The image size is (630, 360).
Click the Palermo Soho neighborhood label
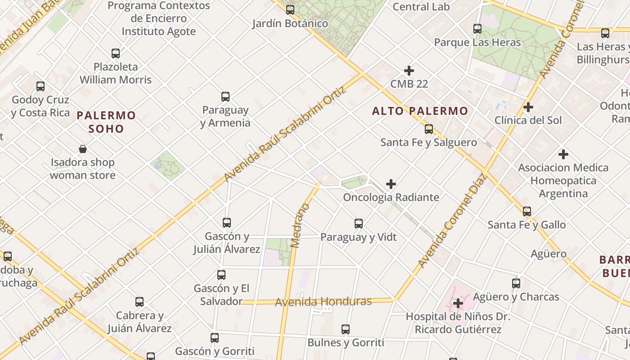[x=106, y=122]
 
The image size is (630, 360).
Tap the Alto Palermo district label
[x=420, y=111]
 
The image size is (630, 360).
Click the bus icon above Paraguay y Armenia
[x=225, y=96]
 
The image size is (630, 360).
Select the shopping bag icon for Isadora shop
[x=83, y=149]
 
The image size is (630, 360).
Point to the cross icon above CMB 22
[x=409, y=71]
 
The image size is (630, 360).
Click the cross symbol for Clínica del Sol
[x=528, y=107]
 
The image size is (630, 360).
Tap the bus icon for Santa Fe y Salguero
[x=429, y=129]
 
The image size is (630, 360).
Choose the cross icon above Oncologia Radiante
[x=391, y=184]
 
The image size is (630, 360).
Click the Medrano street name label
[x=301, y=226]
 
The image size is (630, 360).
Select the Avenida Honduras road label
[x=324, y=301]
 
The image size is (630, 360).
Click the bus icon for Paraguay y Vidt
[x=359, y=223]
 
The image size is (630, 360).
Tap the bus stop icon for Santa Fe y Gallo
[x=527, y=211]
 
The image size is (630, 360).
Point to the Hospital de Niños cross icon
[x=458, y=303]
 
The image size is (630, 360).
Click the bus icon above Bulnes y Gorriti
[x=346, y=329]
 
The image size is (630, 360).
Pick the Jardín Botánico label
[x=290, y=23]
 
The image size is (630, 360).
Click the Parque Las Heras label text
[x=477, y=42]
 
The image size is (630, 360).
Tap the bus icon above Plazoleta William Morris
[x=116, y=54]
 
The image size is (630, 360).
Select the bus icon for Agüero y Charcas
[x=516, y=283]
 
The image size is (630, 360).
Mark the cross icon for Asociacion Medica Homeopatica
[x=563, y=154]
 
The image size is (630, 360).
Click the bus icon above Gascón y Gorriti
[x=215, y=337]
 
